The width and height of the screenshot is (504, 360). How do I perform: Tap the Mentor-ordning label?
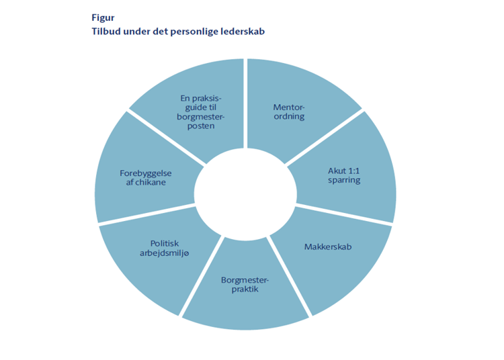(x=288, y=111)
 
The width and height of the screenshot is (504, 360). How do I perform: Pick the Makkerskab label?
(x=328, y=246)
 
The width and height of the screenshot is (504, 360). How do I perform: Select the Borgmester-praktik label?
(x=244, y=283)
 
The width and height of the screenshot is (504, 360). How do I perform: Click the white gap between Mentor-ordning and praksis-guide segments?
(x=245, y=101)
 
